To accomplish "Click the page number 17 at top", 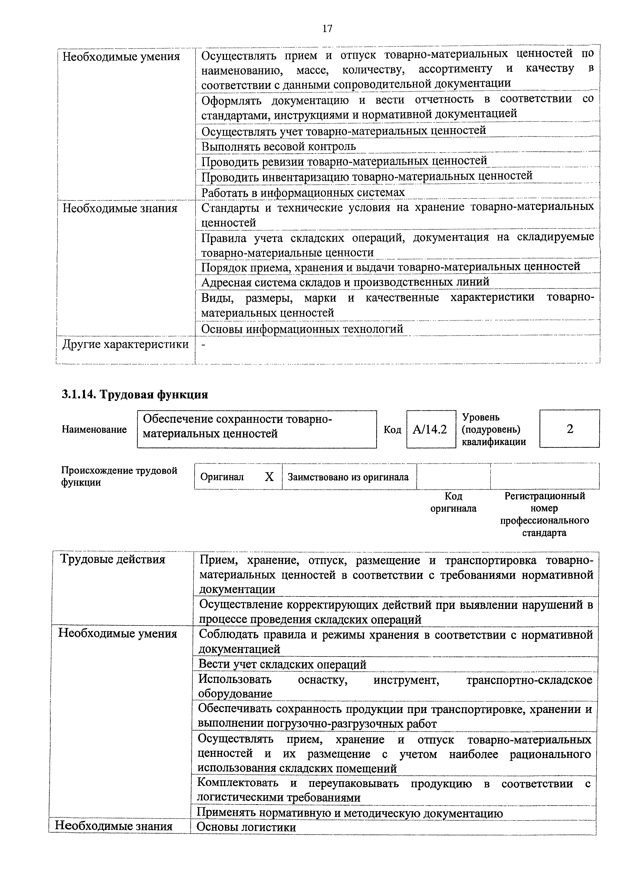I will click(x=327, y=29).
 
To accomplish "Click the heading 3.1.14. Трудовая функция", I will click(x=135, y=394).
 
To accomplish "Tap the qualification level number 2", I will click(x=569, y=429).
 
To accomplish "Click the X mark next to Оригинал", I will click(x=269, y=477).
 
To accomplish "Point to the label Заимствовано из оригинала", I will click(x=348, y=477).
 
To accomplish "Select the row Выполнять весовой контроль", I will click(x=278, y=146).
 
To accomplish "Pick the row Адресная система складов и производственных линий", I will click(x=345, y=282).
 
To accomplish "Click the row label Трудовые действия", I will click(x=113, y=559).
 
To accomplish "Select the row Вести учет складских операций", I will click(x=282, y=665).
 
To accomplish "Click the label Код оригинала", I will click(x=453, y=502).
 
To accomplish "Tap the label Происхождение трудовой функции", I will click(x=119, y=476).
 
